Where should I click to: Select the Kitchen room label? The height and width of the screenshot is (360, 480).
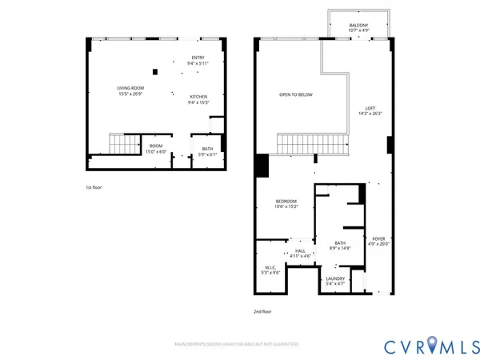[x=198, y=99]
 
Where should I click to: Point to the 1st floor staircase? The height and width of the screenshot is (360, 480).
[x=125, y=145]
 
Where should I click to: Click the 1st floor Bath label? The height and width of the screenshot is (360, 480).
[x=207, y=151]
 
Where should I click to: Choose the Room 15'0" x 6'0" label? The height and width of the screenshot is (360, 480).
[x=155, y=149]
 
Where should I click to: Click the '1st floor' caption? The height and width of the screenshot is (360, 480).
[x=94, y=187]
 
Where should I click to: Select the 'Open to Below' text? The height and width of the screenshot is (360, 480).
[x=295, y=94]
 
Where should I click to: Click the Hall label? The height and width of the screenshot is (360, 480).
[x=300, y=254]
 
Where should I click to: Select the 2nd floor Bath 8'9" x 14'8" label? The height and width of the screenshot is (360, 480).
[x=340, y=246]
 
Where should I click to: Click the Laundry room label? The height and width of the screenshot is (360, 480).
[x=335, y=281]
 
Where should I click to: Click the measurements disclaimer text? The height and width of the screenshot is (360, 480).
[x=237, y=344]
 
